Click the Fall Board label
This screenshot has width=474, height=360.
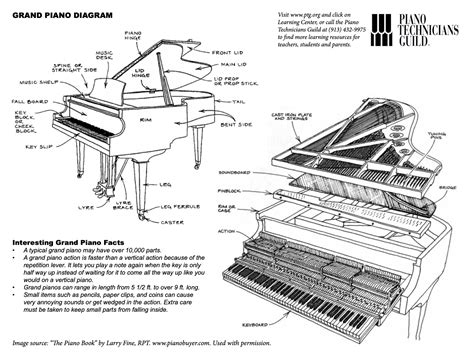(27, 101)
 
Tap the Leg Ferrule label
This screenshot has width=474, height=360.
(178, 206)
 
